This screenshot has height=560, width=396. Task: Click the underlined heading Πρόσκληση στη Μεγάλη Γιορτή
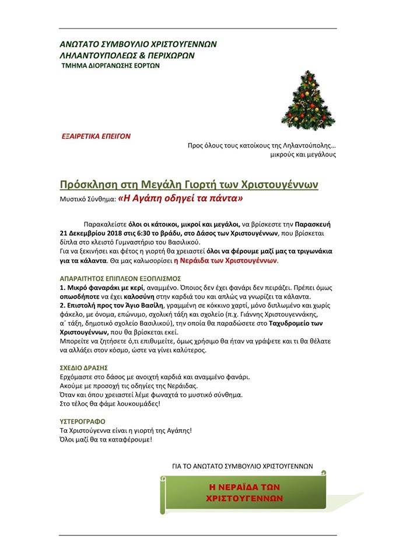point(189,185)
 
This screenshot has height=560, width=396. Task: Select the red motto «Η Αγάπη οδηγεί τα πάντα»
point(180,199)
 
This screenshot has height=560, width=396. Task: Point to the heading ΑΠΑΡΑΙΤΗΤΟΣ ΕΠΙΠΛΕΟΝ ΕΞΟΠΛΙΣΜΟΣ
point(120,278)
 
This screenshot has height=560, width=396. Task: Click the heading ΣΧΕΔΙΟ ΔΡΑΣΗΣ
point(85,368)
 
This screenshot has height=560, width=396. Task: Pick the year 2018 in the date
point(122,233)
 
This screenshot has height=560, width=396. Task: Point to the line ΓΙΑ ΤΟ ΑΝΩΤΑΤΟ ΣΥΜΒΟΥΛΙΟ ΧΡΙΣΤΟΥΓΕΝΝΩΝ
point(243,466)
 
